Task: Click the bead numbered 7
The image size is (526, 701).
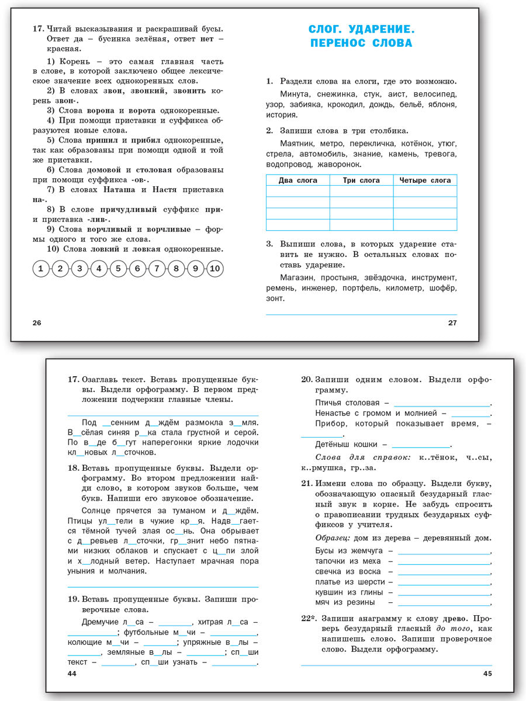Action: pos(157,269)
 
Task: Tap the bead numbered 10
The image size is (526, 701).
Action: pos(214,269)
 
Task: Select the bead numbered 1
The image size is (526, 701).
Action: pos(40,269)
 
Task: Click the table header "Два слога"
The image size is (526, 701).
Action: pos(298,181)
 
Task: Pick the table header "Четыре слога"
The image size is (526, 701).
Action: pos(425,181)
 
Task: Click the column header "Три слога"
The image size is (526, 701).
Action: pos(361,181)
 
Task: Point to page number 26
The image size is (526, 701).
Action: pos(37,323)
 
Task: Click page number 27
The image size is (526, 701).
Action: pos(452,323)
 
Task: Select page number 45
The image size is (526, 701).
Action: pos(488,674)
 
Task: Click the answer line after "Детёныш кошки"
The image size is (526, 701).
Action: pos(421,446)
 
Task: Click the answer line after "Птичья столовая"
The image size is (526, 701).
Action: pos(442,405)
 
